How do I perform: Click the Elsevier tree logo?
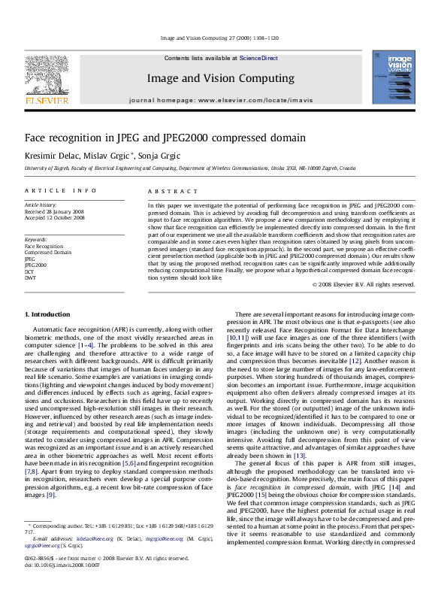(47, 75)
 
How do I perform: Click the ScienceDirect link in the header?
(258, 58)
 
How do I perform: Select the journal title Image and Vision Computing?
(220, 78)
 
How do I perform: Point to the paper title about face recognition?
(165, 138)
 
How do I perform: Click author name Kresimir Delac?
(51, 155)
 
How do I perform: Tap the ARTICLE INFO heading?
(61, 192)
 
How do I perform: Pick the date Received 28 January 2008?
(54, 211)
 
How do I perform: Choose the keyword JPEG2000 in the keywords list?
(35, 265)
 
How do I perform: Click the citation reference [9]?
(50, 495)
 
